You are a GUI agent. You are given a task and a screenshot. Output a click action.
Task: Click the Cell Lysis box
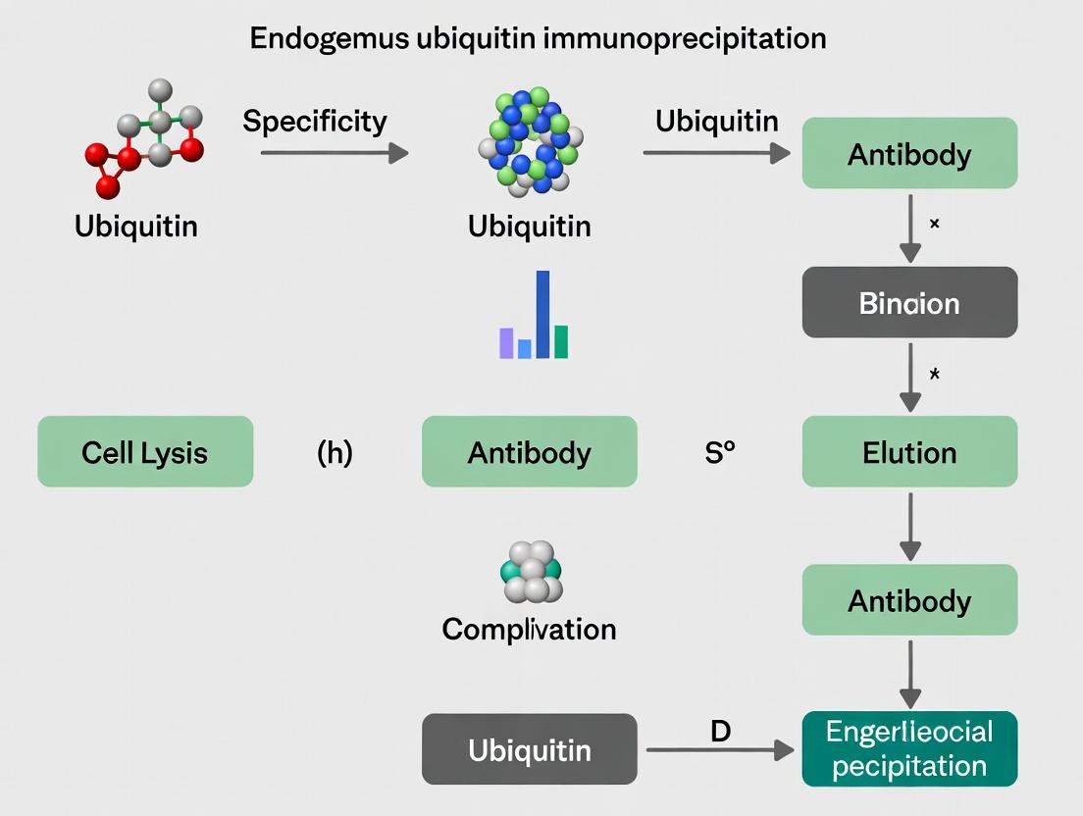click(145, 452)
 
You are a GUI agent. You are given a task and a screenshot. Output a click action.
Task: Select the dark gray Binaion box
click(909, 303)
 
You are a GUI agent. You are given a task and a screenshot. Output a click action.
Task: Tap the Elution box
click(909, 452)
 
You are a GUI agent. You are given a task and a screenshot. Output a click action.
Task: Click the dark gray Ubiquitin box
click(529, 750)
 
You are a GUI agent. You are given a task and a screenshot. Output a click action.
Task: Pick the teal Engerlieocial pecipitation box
click(909, 749)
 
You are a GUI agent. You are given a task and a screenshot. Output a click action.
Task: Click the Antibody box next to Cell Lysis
click(529, 452)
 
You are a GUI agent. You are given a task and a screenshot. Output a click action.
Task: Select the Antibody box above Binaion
click(909, 153)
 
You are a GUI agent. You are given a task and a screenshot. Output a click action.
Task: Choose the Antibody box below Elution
click(909, 600)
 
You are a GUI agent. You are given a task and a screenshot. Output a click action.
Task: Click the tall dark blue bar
click(542, 314)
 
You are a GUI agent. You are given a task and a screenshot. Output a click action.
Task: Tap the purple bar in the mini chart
click(506, 343)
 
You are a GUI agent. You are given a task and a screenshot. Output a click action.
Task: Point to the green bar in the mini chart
click(561, 341)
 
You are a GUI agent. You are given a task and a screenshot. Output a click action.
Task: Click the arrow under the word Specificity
click(334, 153)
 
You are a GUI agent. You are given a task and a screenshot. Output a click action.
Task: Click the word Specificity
click(314, 122)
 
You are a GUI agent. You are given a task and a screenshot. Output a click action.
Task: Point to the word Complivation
click(529, 629)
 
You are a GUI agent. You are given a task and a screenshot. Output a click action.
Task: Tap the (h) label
click(335, 453)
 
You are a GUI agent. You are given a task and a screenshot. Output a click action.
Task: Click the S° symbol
click(719, 453)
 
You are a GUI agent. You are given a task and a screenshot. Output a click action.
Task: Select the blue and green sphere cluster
click(530, 139)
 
